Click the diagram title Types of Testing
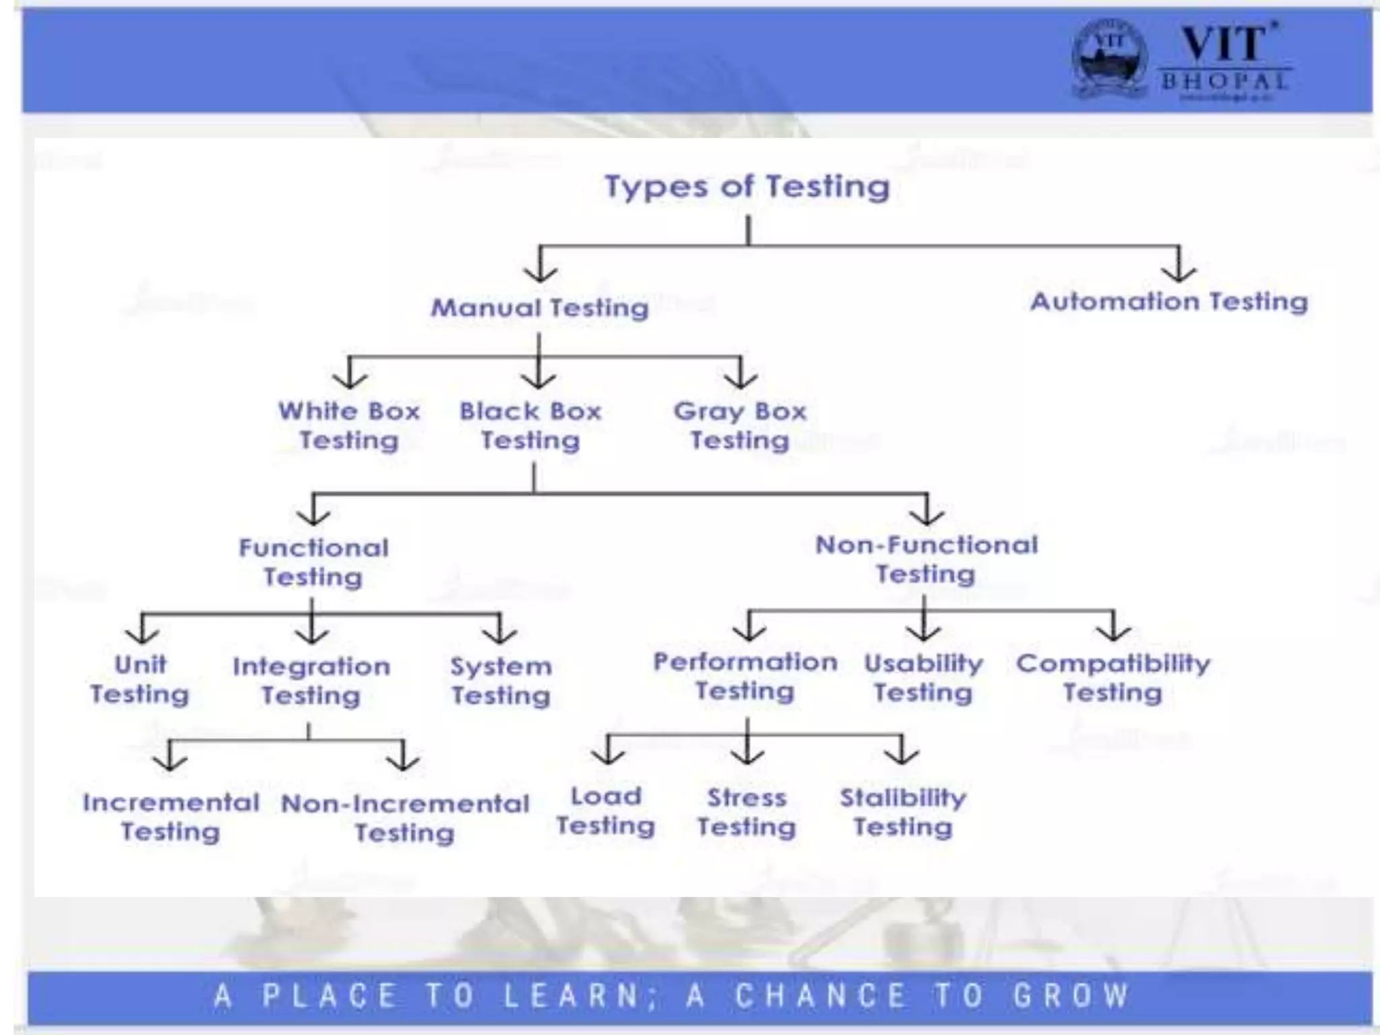[x=747, y=186]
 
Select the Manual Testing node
[x=540, y=308]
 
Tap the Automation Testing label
[x=1169, y=301]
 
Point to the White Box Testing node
[x=349, y=425]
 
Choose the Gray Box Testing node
[x=740, y=425]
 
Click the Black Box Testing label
[x=530, y=425]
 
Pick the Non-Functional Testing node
[x=926, y=559]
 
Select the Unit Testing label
[x=140, y=679]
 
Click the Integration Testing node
[x=311, y=681]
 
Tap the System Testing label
[x=501, y=681]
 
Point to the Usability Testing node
[x=923, y=678]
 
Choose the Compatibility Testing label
[x=1113, y=678]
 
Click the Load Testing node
[x=606, y=811]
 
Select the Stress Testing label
[x=747, y=812]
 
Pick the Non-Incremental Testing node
[x=405, y=817]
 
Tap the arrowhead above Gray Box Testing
[x=741, y=380]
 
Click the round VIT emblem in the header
[x=1109, y=59]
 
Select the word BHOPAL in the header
[x=1224, y=82]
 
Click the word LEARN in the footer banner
[x=571, y=995]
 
